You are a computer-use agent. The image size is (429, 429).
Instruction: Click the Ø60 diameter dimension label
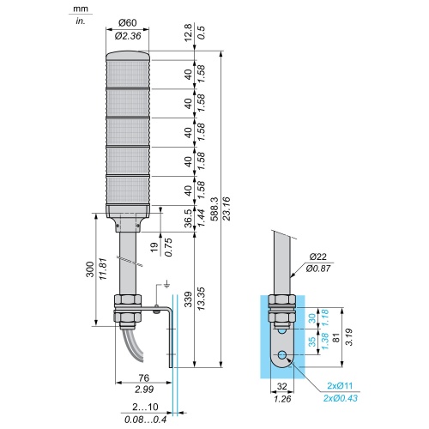point(127,22)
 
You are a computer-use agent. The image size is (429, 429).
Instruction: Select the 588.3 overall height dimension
point(214,209)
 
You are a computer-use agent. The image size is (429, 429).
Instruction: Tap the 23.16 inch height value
point(227,208)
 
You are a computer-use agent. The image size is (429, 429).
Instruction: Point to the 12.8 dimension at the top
point(188,33)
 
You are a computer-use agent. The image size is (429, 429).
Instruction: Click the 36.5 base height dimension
point(188,218)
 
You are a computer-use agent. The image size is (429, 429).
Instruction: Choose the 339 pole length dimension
point(188,299)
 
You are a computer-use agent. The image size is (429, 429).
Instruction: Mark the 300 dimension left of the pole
point(90,269)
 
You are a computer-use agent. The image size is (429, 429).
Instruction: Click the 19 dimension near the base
point(154,247)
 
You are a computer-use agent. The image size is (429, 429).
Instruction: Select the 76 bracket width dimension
point(144,378)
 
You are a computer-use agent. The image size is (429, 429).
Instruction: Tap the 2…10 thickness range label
point(145,407)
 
